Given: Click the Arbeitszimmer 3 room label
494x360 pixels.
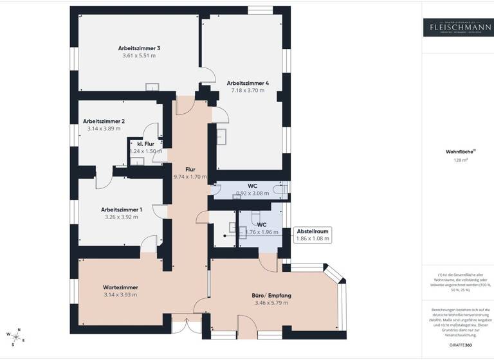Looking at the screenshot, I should [x=139, y=48].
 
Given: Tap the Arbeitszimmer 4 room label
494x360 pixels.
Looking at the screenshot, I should [x=248, y=83].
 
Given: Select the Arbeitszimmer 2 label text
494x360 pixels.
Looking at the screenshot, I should [x=104, y=121].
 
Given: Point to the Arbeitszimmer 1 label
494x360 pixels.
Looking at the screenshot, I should [x=122, y=209].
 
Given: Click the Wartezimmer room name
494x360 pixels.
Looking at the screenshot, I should [x=121, y=287].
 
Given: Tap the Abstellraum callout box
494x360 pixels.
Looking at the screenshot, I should [x=313, y=235].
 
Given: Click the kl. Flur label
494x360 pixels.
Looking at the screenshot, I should [x=145, y=143].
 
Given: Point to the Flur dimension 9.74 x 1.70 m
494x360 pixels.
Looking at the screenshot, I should [x=190, y=176].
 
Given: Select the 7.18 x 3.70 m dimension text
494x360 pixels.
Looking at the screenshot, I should [x=248, y=91].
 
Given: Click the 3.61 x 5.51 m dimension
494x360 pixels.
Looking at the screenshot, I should [x=139, y=56].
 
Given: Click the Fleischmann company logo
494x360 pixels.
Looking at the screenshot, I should [x=457, y=26].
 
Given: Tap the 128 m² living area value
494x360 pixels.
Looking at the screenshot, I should [x=457, y=161].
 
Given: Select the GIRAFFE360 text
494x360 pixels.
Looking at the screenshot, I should [x=457, y=345].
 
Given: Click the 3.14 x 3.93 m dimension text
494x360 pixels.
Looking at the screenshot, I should [x=121, y=294].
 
